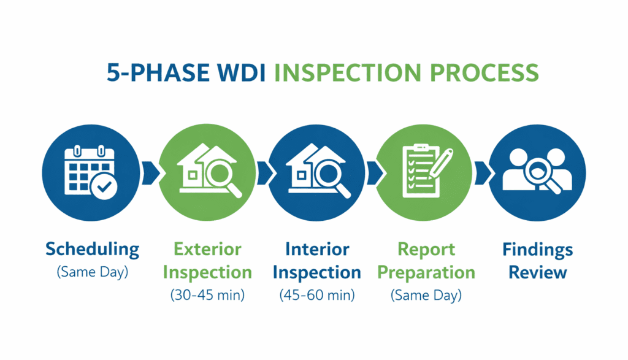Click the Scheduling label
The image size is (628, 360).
point(92,250)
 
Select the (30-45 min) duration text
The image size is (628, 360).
point(207,295)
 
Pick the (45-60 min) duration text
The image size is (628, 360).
point(317,295)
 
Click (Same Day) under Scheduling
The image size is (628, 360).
point(92,272)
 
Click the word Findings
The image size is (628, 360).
point(537,250)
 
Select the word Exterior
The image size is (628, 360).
point(207,250)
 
